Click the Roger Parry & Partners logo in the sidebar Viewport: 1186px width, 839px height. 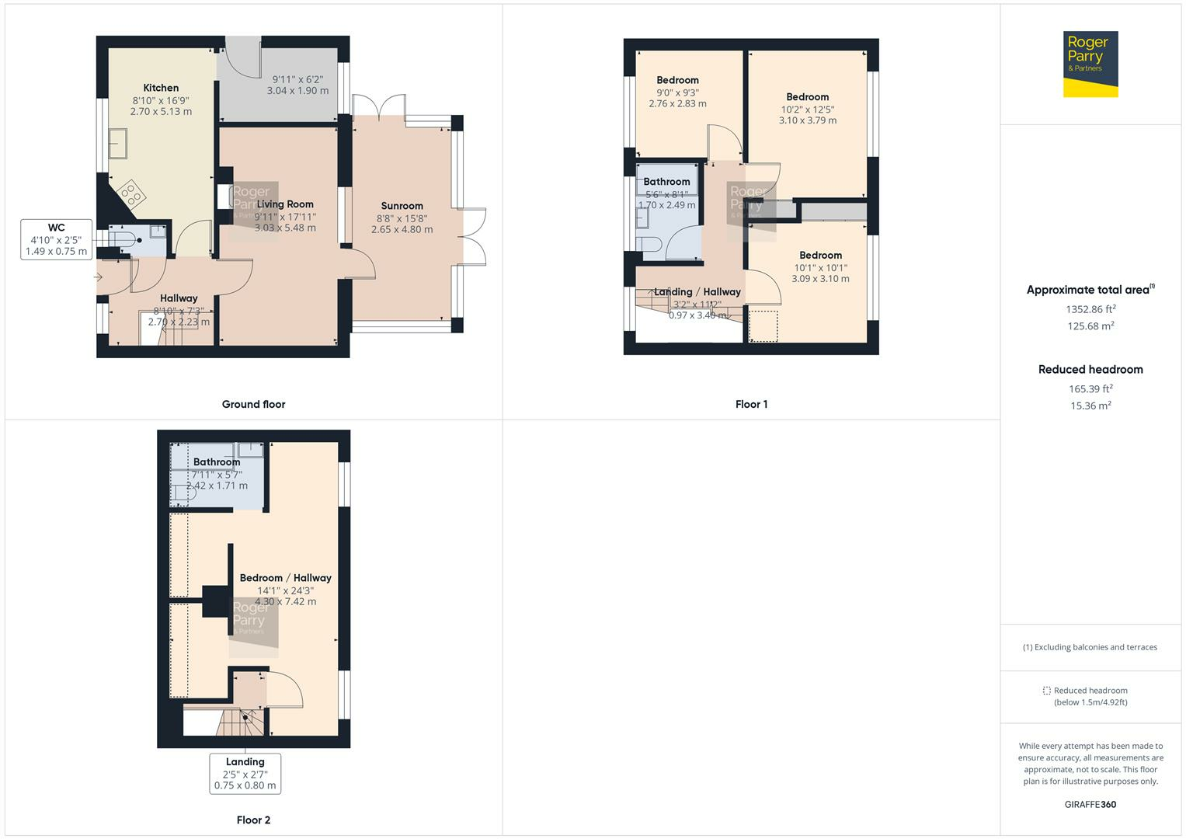(1090, 64)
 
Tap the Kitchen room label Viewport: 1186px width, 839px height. (161, 88)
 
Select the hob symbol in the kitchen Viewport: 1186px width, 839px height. (130, 193)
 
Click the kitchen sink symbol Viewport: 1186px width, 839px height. (119, 144)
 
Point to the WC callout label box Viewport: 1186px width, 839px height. (56, 239)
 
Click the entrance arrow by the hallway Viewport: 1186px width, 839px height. (99, 277)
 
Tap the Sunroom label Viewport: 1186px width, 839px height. (402, 206)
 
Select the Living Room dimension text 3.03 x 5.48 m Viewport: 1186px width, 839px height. (285, 228)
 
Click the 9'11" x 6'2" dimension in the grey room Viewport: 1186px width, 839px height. (297, 79)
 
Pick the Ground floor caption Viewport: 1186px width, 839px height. (253, 404)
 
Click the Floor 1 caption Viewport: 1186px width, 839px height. (751, 404)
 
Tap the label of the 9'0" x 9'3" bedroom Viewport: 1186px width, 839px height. (677, 80)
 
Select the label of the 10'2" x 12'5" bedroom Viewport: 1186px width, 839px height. (807, 97)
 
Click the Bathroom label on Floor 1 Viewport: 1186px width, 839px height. (666, 182)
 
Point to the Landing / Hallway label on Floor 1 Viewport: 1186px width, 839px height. (697, 292)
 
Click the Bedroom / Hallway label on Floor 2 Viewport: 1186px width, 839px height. (285, 578)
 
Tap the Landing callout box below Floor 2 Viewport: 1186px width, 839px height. (245, 773)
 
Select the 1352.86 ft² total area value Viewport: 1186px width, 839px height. (1090, 309)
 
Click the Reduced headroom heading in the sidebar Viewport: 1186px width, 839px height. (1090, 370)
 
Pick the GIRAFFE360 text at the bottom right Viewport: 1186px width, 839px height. (1090, 804)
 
